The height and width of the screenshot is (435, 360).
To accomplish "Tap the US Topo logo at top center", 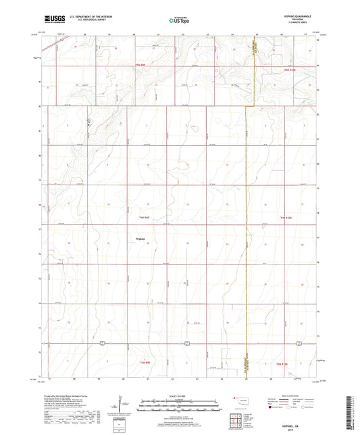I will (179, 21).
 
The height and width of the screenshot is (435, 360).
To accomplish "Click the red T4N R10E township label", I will (288, 217).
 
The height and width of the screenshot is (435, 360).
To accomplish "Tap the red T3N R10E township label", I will (286, 364).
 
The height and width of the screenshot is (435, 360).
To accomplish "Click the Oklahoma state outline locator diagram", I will (242, 401).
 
